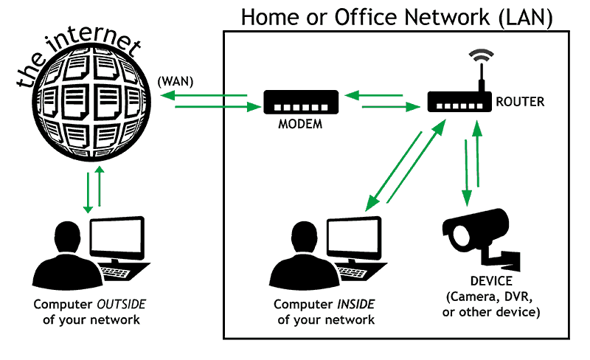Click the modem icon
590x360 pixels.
(x=301, y=103)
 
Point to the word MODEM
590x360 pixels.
(x=300, y=124)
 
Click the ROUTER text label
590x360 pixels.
(x=520, y=102)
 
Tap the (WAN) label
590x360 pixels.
(x=176, y=81)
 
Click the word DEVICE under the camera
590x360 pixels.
(x=490, y=283)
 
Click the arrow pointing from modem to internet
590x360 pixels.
(x=203, y=95)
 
